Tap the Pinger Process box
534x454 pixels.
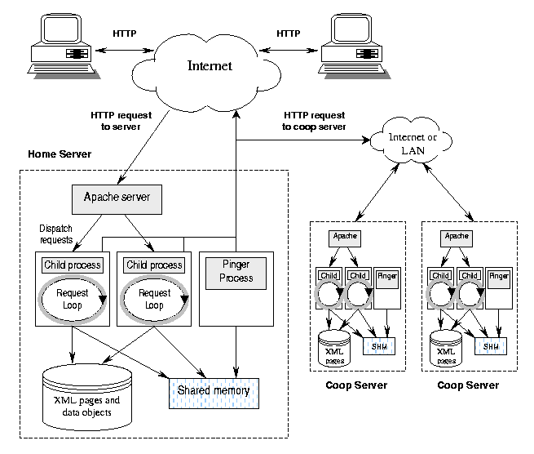[x=236, y=271]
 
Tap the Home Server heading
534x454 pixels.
[x=60, y=154]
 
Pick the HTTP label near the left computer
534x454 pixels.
[x=124, y=33]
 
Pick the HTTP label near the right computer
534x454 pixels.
[x=289, y=33]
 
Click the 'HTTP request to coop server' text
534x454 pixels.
[x=314, y=121]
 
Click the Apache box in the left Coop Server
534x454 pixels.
[x=343, y=236]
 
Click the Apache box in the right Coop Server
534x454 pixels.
[x=457, y=236]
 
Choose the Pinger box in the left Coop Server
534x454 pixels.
[x=386, y=276]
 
